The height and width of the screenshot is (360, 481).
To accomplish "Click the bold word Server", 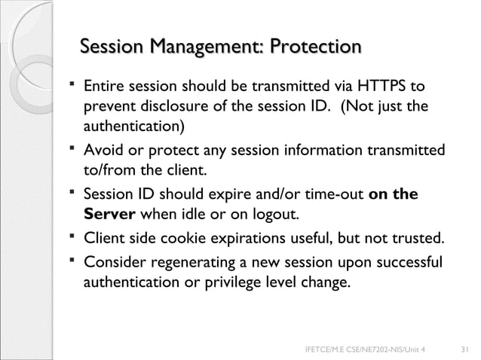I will [109, 214].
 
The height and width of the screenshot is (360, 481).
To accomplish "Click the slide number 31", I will [464, 349].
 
